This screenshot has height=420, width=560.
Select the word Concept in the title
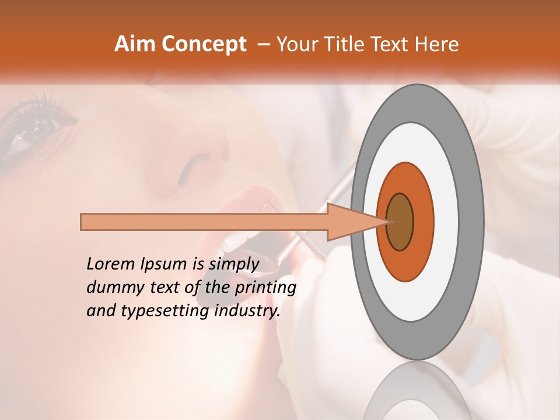pyautogui.click(x=203, y=44)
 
